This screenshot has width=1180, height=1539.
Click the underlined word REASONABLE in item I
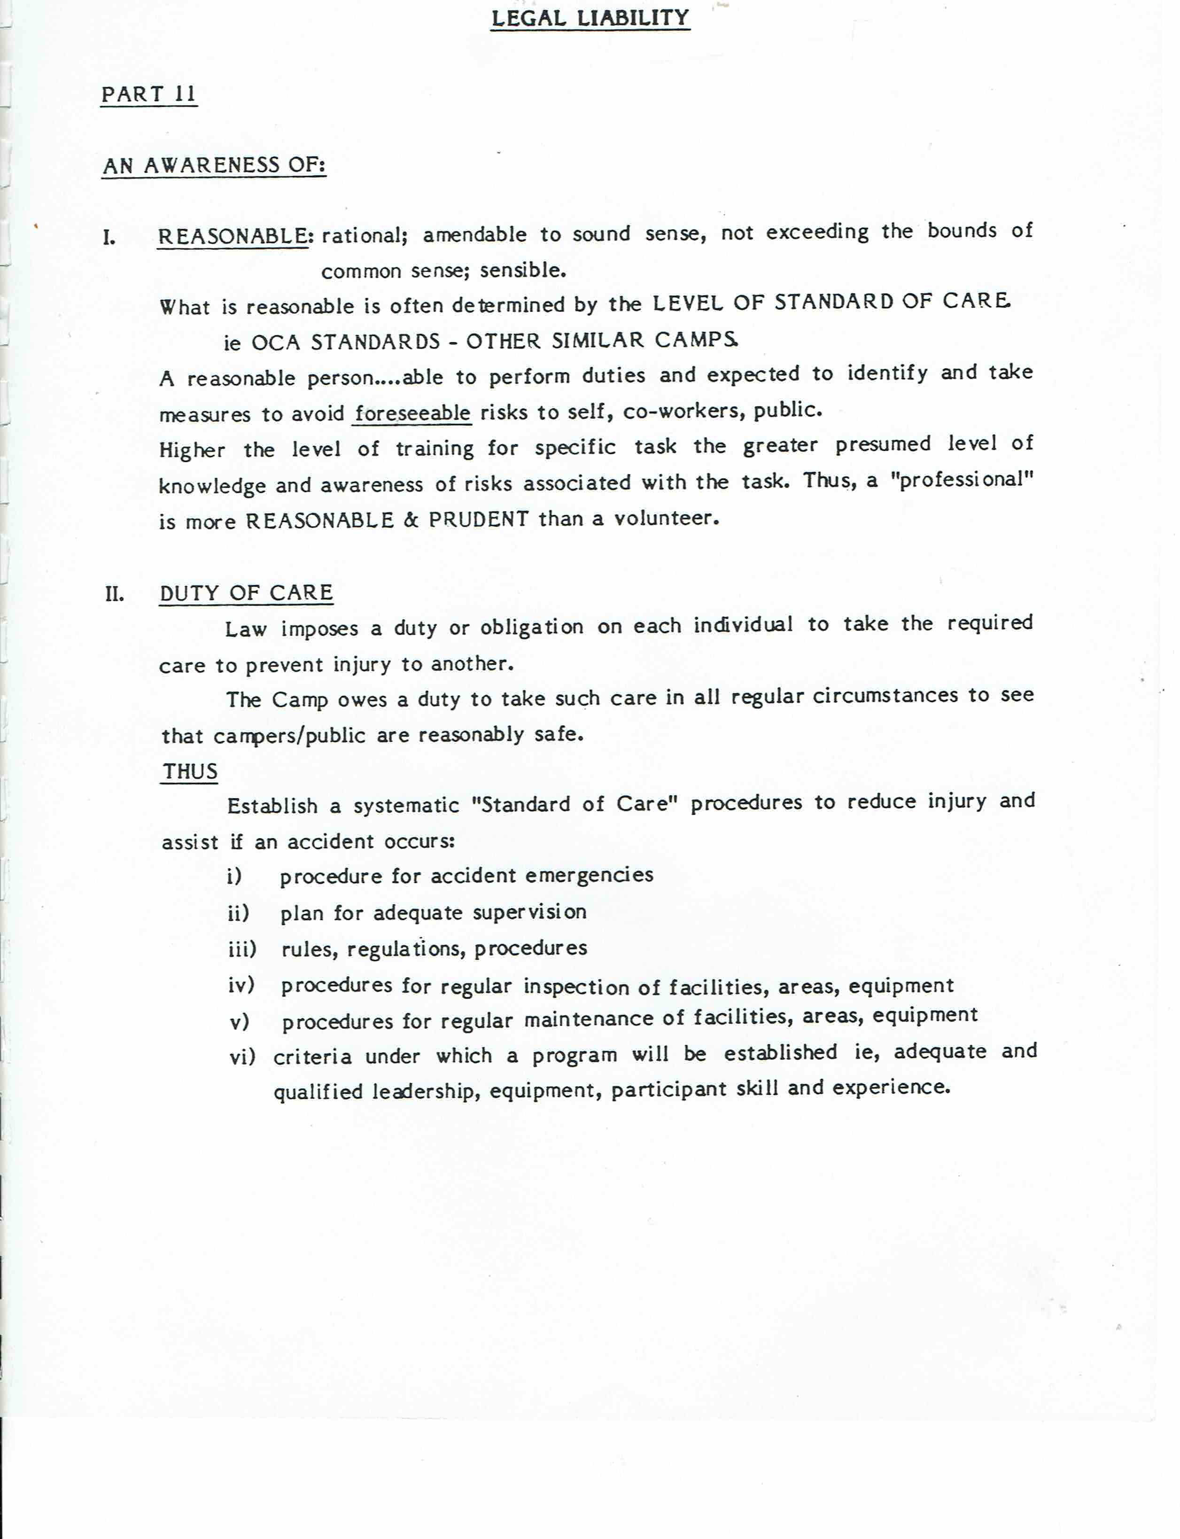click(x=233, y=236)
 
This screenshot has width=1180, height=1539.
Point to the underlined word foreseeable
click(x=412, y=413)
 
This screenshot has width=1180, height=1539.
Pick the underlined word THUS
click(x=190, y=771)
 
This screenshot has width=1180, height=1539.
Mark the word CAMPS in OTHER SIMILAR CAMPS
click(x=696, y=340)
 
